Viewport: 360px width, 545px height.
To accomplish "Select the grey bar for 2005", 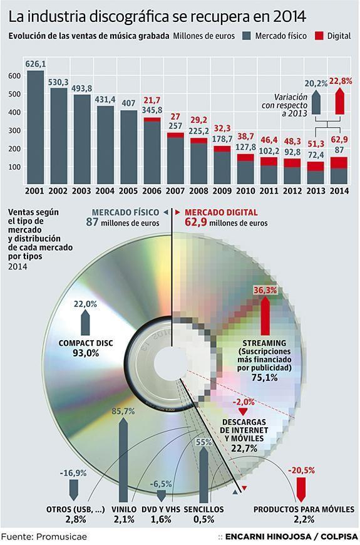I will click(128, 147).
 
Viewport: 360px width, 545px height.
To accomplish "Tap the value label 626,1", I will click(35, 63).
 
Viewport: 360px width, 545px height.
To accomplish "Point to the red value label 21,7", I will click(152, 100).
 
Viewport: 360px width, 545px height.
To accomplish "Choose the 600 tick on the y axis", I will click(14, 75).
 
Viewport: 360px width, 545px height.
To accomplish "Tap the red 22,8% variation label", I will click(340, 81).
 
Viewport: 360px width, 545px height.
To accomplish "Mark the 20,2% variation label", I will click(316, 83).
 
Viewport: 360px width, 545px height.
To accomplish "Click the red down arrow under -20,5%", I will click(301, 487).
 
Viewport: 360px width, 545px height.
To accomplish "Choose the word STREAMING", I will click(265, 343).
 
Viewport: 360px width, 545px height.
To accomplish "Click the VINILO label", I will click(124, 509).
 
